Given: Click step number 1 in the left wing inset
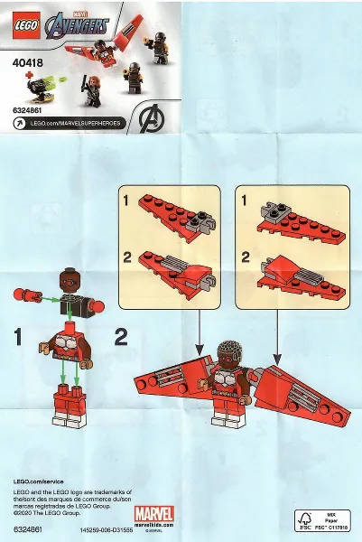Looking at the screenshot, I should pyautogui.click(x=127, y=198).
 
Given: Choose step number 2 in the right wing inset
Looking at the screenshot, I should pyautogui.click(x=243, y=257).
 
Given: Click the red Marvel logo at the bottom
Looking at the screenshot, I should pyautogui.click(x=153, y=515).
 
